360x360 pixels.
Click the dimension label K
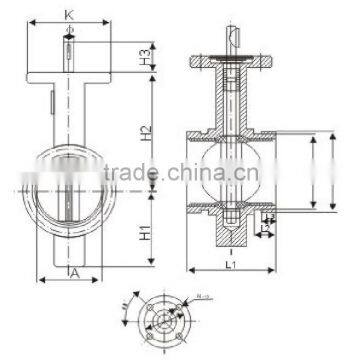(66, 14)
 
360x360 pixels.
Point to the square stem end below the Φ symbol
(67, 50)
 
